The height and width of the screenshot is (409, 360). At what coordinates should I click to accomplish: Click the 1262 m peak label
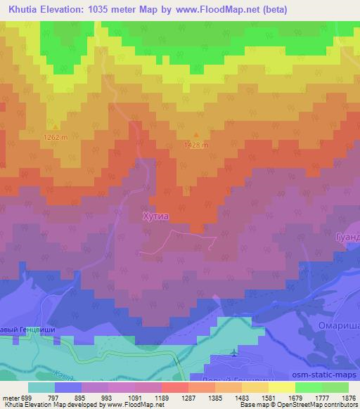click(x=56, y=137)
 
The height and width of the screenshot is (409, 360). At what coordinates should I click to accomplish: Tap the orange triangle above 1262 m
click(x=56, y=128)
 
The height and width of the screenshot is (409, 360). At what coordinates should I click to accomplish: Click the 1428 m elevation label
click(x=196, y=145)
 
